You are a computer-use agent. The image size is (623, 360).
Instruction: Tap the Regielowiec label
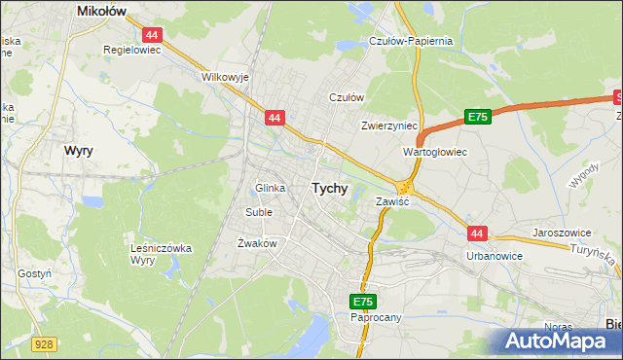pos(132,48)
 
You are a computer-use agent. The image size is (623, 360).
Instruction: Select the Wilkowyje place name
pos(224,76)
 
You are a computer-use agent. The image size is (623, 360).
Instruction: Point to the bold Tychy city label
pos(329,189)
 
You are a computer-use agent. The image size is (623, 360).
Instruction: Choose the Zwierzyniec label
pos(388,126)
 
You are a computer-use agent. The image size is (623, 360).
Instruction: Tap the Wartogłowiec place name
pos(435,153)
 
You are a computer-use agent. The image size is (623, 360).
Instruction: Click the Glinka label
pos(270,188)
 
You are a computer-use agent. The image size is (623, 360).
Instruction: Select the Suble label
pos(259,211)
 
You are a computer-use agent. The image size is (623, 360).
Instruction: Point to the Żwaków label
pos(258,243)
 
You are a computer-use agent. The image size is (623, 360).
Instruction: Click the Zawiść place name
pos(391,201)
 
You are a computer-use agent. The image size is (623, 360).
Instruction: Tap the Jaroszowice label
pos(564,234)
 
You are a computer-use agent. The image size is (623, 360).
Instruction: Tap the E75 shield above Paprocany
pos(362,303)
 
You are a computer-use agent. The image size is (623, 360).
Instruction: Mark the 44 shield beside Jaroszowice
pos(476,234)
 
